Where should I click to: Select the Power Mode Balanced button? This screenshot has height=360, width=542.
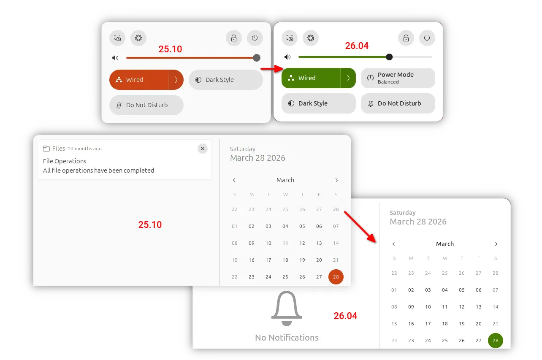coord(398,78)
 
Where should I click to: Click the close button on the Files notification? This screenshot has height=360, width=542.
coord(203,149)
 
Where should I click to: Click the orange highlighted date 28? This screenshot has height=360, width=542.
coord(336,277)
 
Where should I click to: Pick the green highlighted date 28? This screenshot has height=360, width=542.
coord(495,341)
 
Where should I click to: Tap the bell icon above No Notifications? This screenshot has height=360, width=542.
coord(287,308)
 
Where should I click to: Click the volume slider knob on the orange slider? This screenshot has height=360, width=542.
coord(257,58)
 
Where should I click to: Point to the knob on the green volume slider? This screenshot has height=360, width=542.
coord(389,57)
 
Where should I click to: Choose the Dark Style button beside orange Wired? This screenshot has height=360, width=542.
coord(225,80)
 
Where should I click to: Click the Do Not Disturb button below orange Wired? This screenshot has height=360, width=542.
coord(146,105)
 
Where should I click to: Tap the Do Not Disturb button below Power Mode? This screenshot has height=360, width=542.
coord(398,103)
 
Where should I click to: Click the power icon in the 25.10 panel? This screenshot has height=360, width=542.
coord(255,38)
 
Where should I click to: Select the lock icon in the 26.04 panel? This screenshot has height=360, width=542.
coord(406,38)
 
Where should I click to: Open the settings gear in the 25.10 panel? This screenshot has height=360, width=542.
coord(138,38)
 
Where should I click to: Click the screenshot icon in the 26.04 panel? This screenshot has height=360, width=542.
coord(290,38)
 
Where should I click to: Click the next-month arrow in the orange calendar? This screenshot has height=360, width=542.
coord(336,180)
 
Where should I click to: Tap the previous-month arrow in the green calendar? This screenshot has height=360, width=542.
coord(394,244)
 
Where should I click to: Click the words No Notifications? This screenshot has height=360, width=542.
coord(287,338)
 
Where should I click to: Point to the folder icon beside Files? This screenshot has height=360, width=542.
coord(46,149)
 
